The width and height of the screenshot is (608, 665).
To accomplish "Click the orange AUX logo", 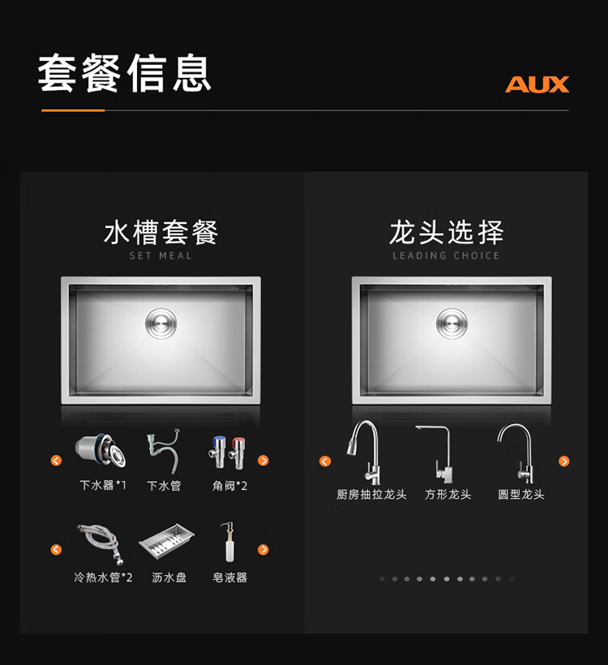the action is coord(537,84).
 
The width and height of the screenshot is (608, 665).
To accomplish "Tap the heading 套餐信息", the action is coord(125,73).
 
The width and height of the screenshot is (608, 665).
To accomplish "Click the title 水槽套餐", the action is coord(161,233).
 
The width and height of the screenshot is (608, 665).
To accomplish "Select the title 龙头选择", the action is coord(447,233).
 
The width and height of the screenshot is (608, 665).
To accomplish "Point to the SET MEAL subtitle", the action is coord(161,255).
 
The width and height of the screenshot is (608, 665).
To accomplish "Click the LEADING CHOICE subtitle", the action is coord(446,255).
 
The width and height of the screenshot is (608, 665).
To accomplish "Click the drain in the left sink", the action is coord(161,324).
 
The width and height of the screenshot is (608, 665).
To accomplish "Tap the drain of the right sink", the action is coord(452,324).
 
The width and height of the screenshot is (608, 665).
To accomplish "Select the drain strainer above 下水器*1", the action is coord(101,450).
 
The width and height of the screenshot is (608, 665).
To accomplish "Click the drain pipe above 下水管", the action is coord(164,451).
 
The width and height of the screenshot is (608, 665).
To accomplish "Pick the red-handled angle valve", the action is coord(237,453).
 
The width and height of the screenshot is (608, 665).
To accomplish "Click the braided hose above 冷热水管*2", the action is coord(101,543).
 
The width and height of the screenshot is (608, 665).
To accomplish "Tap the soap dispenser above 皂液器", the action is coord(228,542).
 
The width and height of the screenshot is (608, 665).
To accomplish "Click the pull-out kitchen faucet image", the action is coord(365,452).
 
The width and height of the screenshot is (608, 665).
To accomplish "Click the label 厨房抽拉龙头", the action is coord(371,495).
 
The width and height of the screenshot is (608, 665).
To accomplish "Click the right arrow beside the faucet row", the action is coord(564,461).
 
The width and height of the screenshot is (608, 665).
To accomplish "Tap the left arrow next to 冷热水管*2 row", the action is coord(56,550).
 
